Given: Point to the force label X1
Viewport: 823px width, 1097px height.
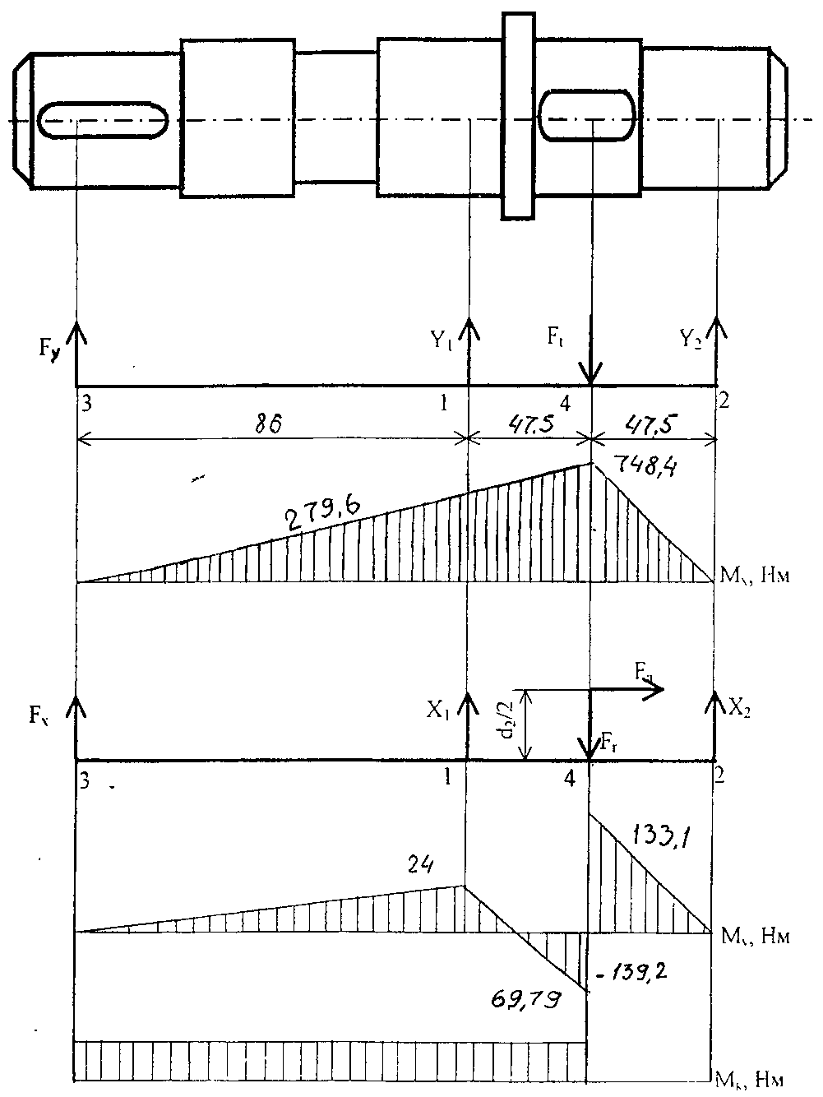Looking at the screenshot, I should (438, 710).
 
